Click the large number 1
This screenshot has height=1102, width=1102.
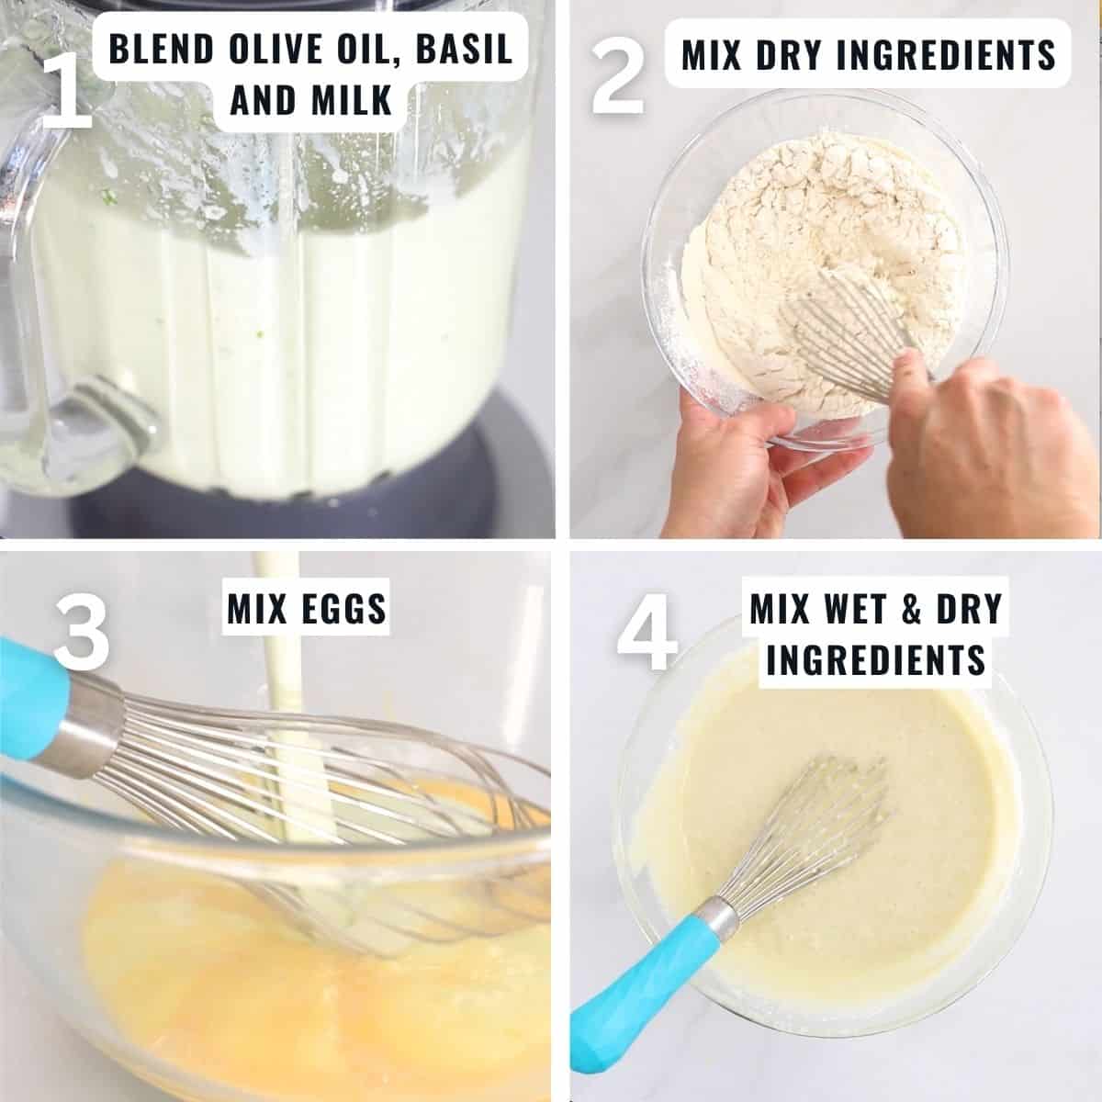[66, 89]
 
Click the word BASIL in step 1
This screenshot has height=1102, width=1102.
[465, 49]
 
